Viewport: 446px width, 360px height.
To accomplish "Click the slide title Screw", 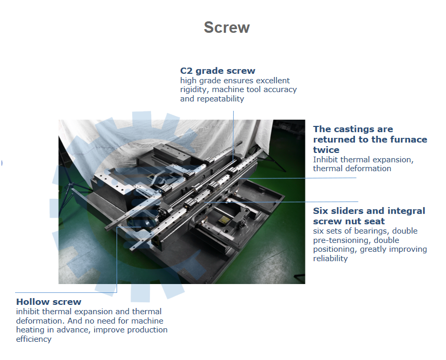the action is pyautogui.click(x=227, y=28).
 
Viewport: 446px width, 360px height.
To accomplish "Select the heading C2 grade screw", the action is pyautogui.click(x=218, y=71).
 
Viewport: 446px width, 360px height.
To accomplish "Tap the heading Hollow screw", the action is pyautogui.click(x=48, y=301).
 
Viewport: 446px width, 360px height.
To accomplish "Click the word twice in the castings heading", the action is pyautogui.click(x=326, y=150).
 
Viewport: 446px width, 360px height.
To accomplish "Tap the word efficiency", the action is pyautogui.click(x=33, y=339).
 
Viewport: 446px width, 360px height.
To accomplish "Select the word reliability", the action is pyautogui.click(x=330, y=258).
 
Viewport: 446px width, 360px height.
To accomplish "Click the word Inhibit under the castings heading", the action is pyautogui.click(x=325, y=160).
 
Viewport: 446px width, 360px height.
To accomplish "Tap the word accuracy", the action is pyautogui.click(x=280, y=89).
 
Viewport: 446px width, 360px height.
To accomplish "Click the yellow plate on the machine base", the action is pyautogui.click(x=224, y=219).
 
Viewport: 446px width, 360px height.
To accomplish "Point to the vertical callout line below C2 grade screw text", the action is pyautogui.click(x=233, y=136).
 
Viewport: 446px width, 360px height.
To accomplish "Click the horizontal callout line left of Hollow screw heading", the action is pyautogui.click(x=66, y=292).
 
